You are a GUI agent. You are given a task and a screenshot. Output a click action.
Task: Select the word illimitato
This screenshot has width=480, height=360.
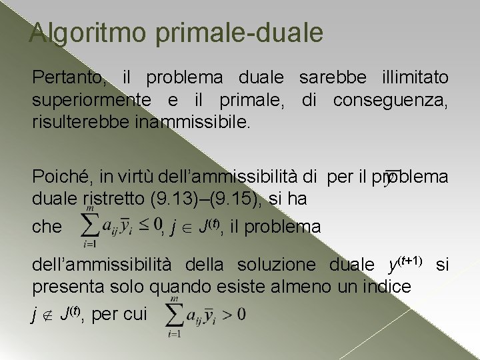pos(413,79)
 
